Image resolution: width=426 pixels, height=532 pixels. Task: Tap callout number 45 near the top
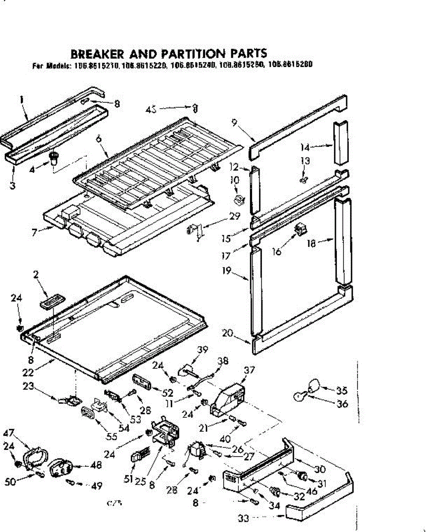[152, 108]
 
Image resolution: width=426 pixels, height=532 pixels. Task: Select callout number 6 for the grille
[98, 138]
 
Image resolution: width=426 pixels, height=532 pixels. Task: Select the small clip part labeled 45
[194, 108]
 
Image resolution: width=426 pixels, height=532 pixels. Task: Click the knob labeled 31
[303, 476]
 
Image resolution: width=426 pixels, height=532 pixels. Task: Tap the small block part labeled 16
[301, 229]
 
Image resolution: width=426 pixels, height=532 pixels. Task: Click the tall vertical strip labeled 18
[343, 242]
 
